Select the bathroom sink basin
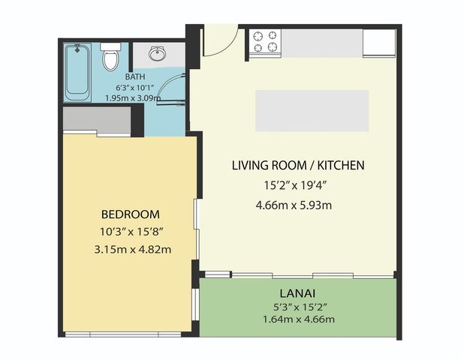tap(158, 55)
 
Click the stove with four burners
tap(265, 40)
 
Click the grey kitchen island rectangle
tap(312, 110)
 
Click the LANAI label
tap(298, 291)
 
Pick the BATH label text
tap(136, 76)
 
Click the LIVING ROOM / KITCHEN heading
tap(298, 165)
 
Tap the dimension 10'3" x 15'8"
tap(131, 232)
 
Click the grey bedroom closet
tap(97, 119)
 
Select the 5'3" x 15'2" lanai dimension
tap(298, 307)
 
